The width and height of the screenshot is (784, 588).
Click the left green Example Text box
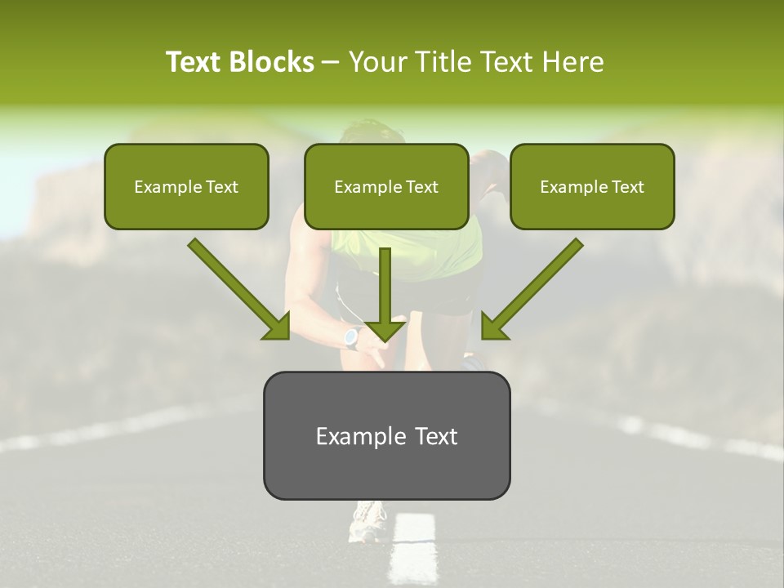pos(186,186)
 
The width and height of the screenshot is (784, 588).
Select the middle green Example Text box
pos(386,186)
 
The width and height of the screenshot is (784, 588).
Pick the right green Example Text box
pos(592,186)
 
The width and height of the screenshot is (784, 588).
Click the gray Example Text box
pos(386,435)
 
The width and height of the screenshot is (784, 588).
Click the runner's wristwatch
pos(352,337)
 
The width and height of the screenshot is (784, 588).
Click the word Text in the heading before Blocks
pos(194,62)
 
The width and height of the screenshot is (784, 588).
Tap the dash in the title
pos(331,63)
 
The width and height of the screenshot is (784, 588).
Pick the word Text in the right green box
pos(627,187)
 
